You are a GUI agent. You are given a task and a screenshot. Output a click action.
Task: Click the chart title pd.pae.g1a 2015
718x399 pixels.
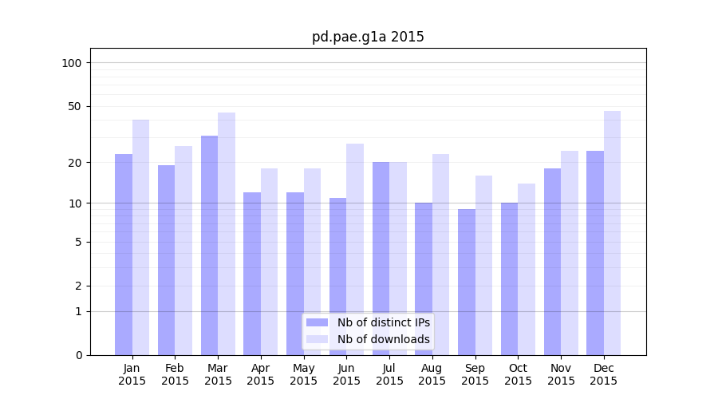tap(368, 38)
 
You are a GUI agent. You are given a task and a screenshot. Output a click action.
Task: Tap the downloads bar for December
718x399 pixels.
tap(612, 232)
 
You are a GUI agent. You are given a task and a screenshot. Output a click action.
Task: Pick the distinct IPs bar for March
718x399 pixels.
tap(209, 245)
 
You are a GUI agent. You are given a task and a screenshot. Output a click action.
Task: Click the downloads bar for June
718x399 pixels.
tap(355, 249)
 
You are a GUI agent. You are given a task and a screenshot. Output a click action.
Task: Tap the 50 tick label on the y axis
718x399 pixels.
tap(75, 106)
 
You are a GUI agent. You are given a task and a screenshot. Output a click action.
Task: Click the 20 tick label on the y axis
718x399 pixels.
tap(75, 163)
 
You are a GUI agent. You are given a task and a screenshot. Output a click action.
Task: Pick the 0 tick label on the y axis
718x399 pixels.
tap(78, 355)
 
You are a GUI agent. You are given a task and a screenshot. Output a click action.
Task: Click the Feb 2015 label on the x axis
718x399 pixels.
tap(175, 374)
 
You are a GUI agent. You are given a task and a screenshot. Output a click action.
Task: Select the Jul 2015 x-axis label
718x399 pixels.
tap(389, 374)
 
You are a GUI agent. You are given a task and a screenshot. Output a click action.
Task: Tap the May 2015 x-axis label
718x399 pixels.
tap(304, 374)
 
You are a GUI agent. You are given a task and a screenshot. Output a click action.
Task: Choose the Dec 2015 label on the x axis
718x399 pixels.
tap(604, 374)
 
